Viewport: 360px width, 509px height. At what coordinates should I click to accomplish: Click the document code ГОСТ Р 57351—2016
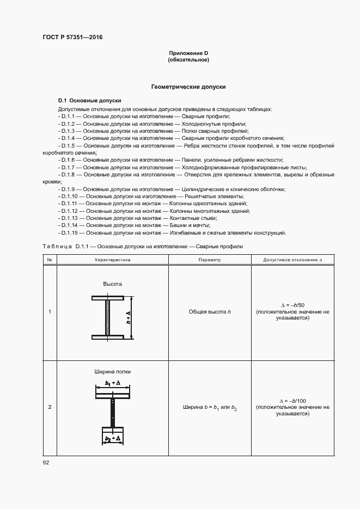tap(72, 38)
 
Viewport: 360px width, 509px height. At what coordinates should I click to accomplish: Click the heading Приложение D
tap(188, 53)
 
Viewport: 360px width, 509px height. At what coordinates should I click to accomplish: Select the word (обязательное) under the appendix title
tap(188, 59)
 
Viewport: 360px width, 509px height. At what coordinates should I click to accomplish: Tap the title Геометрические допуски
tap(188, 87)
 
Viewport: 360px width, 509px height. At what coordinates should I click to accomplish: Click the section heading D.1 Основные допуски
tap(90, 101)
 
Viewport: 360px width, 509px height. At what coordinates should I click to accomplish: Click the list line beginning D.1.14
tap(133, 225)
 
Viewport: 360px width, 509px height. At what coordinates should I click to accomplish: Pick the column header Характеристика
tap(112, 260)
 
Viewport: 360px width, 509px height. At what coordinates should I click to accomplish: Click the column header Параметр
tap(210, 260)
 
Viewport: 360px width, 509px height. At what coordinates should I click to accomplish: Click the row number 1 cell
tap(50, 312)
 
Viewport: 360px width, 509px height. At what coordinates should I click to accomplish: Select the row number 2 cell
tap(50, 407)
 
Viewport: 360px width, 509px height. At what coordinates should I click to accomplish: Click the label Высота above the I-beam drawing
tap(112, 284)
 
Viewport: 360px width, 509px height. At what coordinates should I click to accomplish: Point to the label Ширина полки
tap(112, 372)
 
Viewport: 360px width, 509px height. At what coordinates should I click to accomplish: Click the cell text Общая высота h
tap(210, 312)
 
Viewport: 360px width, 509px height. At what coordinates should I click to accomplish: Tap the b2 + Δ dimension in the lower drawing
tap(112, 439)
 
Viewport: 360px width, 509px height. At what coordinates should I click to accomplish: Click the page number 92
tap(46, 463)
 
